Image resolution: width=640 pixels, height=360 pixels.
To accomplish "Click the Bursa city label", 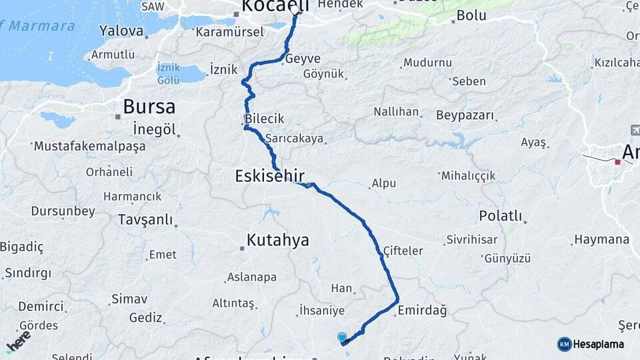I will coord(149,107).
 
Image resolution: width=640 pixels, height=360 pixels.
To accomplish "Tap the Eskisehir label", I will coord(269,177).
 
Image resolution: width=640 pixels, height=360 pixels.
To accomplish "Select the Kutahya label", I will coord(278,240).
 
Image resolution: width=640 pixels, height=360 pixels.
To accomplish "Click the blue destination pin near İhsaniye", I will coord(342,338).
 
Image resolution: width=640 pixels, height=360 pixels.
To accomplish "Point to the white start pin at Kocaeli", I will coord(295,10).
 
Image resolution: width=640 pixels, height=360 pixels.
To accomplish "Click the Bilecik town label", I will coord(265,119).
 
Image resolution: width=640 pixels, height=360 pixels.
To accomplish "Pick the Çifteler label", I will coord(403,251).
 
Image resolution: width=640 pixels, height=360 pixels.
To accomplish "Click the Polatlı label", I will coord(501,217).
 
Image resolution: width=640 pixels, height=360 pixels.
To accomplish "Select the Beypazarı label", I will coord(465,115).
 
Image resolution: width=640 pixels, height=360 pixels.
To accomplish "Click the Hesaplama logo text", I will coord(599,345).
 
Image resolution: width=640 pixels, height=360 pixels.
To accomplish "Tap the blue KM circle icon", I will coord(565,344).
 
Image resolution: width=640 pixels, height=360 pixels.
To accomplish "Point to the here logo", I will coord(18,340).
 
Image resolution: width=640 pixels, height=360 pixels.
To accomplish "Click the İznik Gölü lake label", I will coord(168,73).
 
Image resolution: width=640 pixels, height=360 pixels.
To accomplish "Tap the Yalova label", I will coord(121,31).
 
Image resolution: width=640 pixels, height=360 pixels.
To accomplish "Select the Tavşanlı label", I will coord(145,219).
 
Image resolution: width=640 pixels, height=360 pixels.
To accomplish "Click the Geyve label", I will coord(303,59).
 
